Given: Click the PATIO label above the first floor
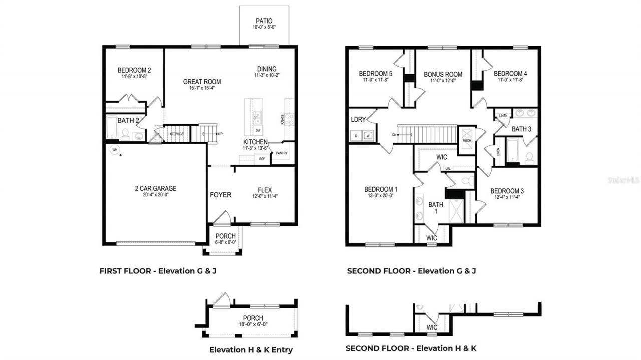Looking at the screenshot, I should tap(264, 21).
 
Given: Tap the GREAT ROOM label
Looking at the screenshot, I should tap(202, 82).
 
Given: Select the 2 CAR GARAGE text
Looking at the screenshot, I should tap(155, 189).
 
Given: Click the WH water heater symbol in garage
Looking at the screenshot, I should tap(114, 150).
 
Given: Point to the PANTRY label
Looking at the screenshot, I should tap(282, 153).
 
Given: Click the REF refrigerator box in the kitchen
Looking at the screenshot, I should tap(262, 159).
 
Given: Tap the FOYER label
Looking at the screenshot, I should tap(220, 194).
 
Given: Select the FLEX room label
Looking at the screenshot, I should tap(265, 190).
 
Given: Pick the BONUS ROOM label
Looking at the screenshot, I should tap(443, 74).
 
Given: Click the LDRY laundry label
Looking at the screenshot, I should tap(358, 119).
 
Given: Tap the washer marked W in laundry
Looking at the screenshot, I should tap(368, 135).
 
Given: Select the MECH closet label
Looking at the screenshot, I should tap(467, 140).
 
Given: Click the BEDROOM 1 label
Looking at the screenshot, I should tap(381, 189).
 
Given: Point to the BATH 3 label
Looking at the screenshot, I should tap(521, 129).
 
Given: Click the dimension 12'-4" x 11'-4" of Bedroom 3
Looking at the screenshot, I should tap(507, 198).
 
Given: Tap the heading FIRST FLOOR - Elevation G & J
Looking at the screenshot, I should tap(158, 271).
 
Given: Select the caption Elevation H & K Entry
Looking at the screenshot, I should tap(251, 350).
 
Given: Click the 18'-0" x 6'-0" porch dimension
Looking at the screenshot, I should tap(253, 324).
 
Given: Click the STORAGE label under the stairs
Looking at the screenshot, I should tap(177, 134).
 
